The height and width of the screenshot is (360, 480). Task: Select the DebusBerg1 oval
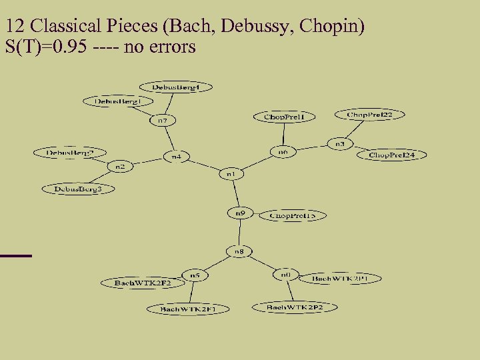coord(117,101)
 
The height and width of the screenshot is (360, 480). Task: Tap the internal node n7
coord(162,121)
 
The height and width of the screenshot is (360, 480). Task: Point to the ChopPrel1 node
coord(284,117)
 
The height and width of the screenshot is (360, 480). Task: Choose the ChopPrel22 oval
coord(365,115)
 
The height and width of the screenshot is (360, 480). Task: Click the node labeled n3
coord(339,143)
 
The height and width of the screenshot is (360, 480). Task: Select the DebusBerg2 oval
coord(70,153)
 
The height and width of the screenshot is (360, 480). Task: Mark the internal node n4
coord(177,157)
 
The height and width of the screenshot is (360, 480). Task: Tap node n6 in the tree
coord(283,153)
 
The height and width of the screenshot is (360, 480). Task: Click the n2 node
coord(121,165)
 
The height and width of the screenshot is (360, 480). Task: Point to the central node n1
coord(231,174)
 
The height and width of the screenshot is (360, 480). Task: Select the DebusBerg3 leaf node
coord(77,189)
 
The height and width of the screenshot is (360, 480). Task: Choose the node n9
coord(240,213)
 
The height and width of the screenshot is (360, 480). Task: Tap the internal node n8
coord(239,251)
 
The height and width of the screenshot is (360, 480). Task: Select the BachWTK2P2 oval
coord(294,307)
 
